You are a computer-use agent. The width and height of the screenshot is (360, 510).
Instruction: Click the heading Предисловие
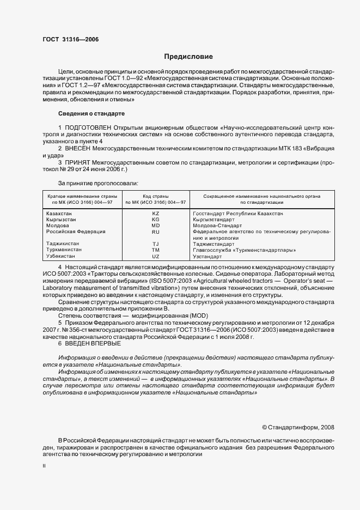[x=188, y=57]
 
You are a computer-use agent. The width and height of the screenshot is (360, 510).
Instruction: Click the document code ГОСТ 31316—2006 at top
[x=70, y=39]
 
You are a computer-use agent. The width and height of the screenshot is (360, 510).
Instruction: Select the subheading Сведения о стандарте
[x=91, y=113]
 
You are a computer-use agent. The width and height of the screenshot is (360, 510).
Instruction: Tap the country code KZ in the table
[x=155, y=214]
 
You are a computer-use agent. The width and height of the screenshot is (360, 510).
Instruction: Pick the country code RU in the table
[x=155, y=232]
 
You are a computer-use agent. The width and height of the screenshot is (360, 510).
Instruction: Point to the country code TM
[x=155, y=250]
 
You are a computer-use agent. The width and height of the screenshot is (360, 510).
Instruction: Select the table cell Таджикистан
[x=63, y=244]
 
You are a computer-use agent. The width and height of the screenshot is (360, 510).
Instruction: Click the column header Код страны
[x=155, y=196]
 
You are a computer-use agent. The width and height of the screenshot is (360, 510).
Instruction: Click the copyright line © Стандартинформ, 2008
[x=298, y=427]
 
